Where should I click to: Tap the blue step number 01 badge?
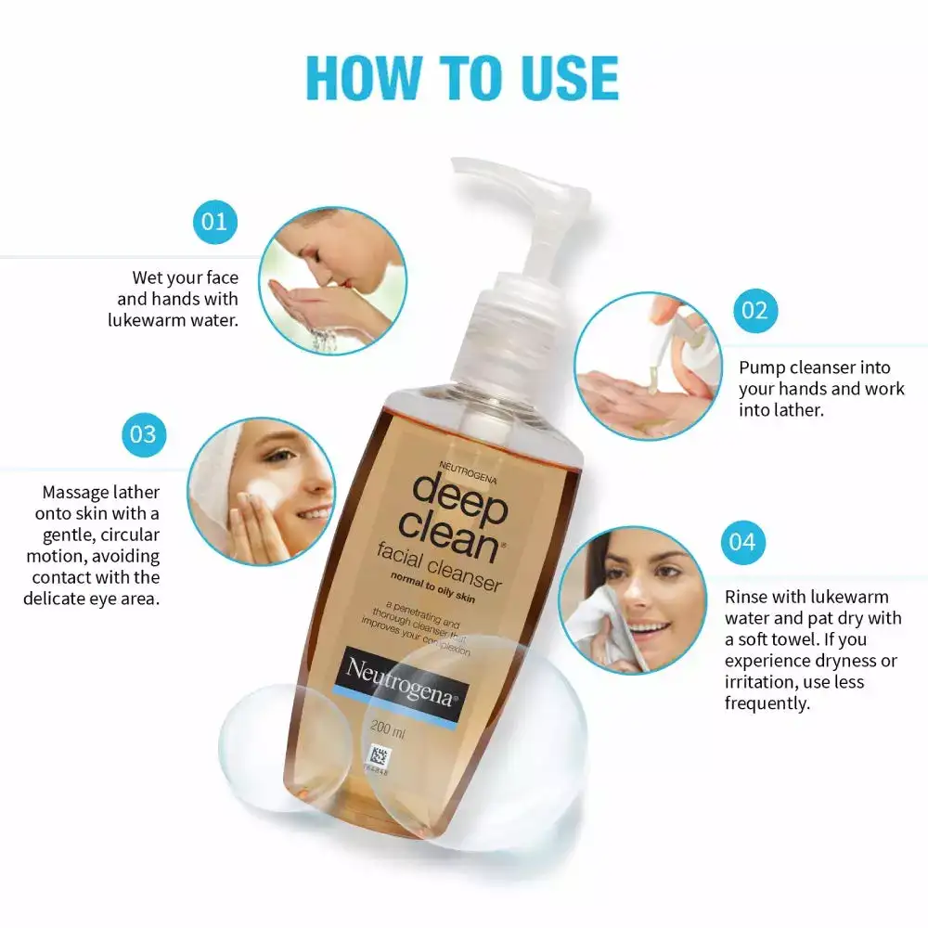click(214, 222)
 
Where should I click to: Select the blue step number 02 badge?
click(755, 310)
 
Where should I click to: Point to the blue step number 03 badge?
click(143, 433)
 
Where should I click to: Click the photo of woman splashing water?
click(331, 280)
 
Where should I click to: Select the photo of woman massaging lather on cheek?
click(261, 490)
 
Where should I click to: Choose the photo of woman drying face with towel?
click(634, 599)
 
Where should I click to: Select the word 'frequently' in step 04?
click(766, 703)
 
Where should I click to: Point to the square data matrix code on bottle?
click(378, 754)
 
